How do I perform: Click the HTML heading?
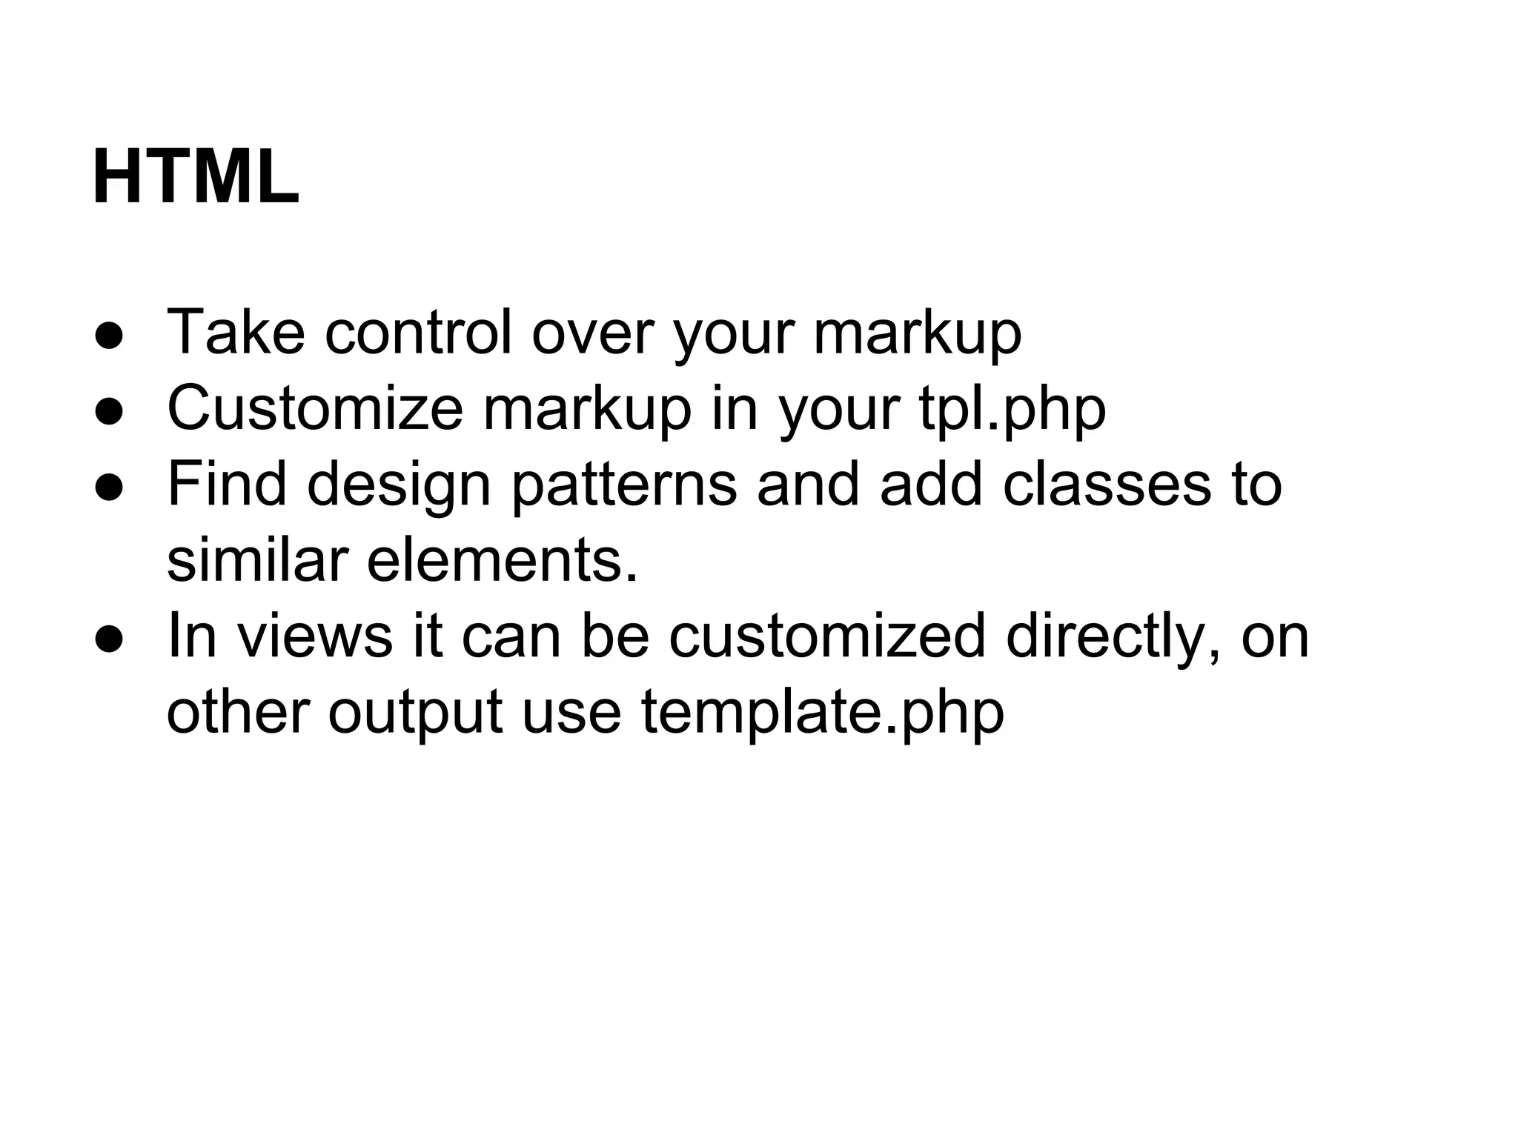[x=196, y=178]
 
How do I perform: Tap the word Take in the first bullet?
[x=236, y=332]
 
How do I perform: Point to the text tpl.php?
[x=1012, y=410]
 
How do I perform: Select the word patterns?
[x=624, y=486]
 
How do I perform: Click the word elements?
[x=503, y=560]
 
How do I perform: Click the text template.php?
[x=822, y=713]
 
